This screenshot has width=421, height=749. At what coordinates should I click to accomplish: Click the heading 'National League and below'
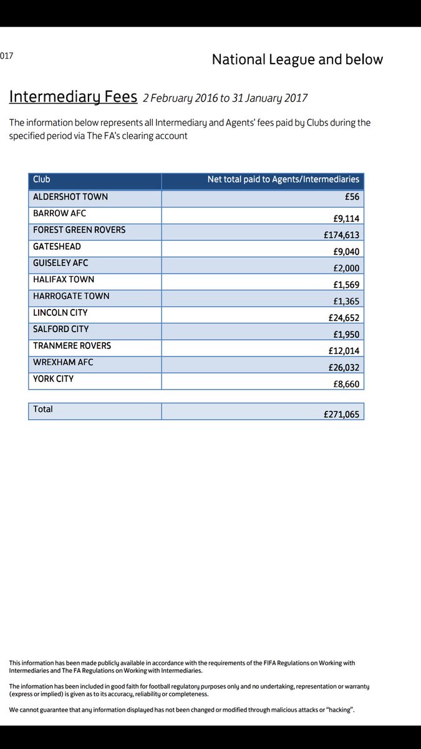click(297, 60)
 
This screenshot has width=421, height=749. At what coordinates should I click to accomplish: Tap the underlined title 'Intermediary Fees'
click(72, 97)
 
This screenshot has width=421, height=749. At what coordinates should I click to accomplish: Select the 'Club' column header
click(42, 180)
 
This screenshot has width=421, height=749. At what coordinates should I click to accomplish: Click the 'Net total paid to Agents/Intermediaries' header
click(283, 180)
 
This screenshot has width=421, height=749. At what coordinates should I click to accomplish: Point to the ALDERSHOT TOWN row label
click(70, 197)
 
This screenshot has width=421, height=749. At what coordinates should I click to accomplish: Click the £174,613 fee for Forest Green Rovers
click(341, 235)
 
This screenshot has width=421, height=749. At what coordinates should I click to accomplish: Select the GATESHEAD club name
click(57, 247)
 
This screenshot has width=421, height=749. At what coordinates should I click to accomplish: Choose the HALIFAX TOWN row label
click(64, 280)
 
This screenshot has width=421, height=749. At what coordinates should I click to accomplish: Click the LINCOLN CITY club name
click(60, 313)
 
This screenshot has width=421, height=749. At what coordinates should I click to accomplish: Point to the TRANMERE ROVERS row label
click(72, 346)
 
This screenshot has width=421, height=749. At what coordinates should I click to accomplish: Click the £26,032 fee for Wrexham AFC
click(344, 368)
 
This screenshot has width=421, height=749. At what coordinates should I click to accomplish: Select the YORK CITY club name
click(54, 379)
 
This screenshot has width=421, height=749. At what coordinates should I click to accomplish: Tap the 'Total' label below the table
click(43, 409)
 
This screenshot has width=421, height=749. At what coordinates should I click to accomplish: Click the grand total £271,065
click(341, 414)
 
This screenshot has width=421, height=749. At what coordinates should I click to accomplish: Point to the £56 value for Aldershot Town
click(352, 197)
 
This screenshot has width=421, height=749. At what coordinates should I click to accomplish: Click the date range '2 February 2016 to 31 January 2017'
click(225, 98)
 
